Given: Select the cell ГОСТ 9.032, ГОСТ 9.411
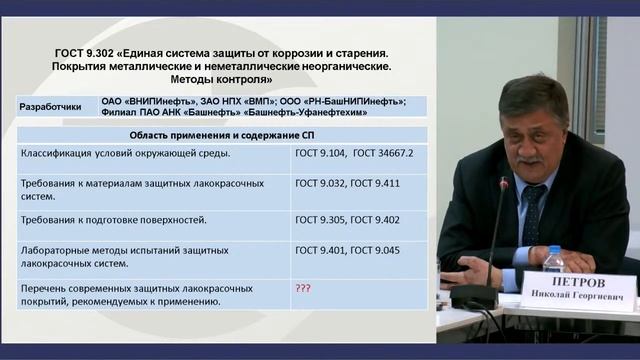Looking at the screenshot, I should (x=333, y=184).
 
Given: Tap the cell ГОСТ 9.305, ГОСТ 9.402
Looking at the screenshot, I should (x=333, y=218).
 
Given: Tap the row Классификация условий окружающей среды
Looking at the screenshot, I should (x=125, y=153).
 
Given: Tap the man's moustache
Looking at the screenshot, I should (x=530, y=157).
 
